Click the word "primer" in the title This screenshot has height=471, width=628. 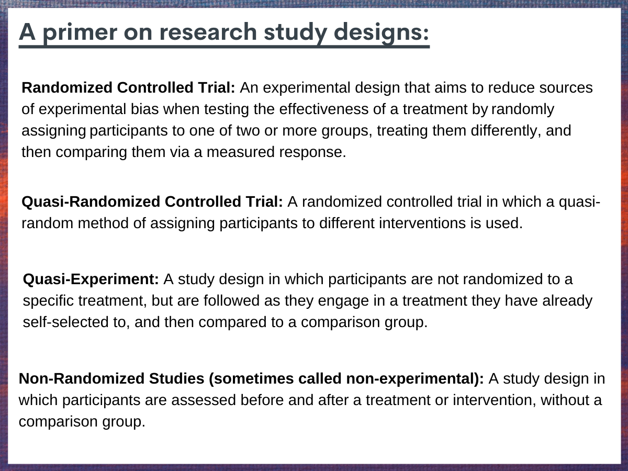click(x=80, y=33)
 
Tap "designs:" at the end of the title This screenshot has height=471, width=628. click(x=382, y=33)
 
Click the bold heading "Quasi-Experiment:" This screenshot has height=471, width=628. click(x=91, y=279)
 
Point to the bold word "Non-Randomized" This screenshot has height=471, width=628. click(x=82, y=378)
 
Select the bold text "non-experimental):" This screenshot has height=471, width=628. click(x=415, y=379)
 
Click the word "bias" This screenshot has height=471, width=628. click(x=144, y=109)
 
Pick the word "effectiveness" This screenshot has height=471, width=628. click(x=323, y=109)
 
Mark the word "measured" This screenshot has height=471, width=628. click(x=241, y=152)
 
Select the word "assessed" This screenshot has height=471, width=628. click(x=204, y=400)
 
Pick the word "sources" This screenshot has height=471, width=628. click(x=566, y=87)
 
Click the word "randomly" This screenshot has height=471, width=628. click(x=523, y=109)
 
